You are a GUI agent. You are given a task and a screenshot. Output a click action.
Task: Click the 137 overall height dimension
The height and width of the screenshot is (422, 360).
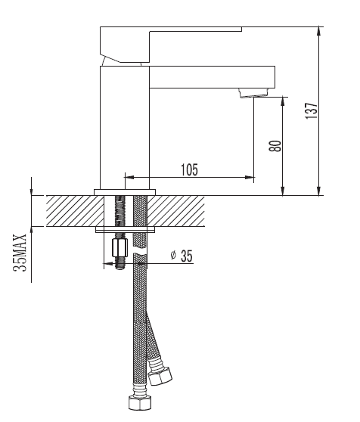312,110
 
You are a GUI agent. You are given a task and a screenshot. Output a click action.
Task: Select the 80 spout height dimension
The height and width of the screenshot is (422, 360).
275,146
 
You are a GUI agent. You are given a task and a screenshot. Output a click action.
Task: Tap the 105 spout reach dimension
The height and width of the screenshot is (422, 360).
189,169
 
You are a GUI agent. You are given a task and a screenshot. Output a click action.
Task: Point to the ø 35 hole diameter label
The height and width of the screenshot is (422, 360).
182,256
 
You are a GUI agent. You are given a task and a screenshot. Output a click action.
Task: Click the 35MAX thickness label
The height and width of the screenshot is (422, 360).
20,253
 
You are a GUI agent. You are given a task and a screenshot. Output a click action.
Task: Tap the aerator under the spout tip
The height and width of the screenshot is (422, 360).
253,93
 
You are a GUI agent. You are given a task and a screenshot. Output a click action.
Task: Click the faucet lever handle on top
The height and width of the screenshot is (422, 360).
171,45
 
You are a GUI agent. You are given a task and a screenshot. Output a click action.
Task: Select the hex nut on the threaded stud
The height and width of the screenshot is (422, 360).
119,247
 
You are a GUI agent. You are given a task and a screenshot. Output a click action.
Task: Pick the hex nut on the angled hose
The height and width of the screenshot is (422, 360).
160,375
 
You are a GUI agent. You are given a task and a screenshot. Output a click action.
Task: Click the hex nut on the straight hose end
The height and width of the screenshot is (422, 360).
140,402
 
